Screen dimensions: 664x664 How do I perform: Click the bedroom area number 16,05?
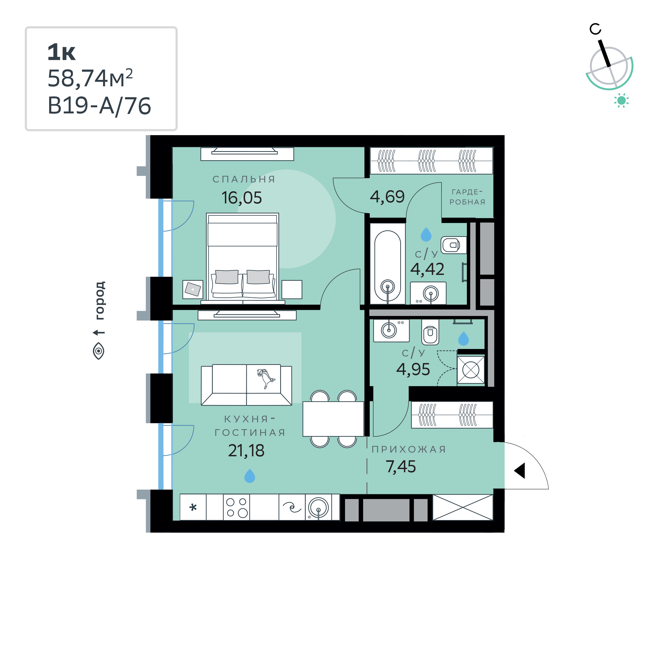tap(242, 198)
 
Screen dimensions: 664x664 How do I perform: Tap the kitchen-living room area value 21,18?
tap(246, 450)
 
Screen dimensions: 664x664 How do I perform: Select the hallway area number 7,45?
tap(401, 467)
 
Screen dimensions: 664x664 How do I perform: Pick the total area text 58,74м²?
tap(90, 78)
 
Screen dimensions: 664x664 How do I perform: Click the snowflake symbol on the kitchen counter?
tap(193, 507)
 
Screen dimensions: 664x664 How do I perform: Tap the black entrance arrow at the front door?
tap(520, 470)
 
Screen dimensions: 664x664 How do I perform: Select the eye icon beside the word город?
tap(99, 351)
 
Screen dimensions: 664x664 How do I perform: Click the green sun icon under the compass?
tap(622, 100)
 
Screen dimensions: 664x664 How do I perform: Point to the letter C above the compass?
tap(595, 29)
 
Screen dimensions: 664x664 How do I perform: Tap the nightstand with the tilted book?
tap(193, 290)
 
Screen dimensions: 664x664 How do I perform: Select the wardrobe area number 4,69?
tap(387, 197)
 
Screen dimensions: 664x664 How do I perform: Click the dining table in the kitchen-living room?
tap(333, 419)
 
